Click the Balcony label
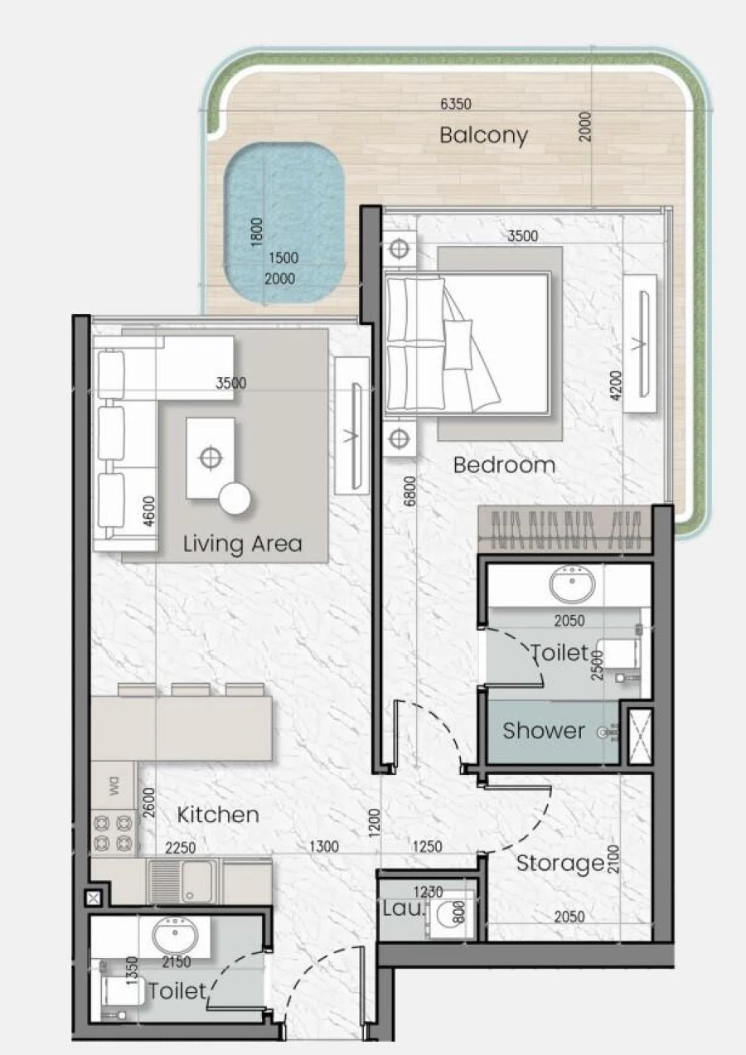(483, 135)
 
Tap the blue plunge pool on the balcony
(283, 222)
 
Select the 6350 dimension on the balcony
(455, 104)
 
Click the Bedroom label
(504, 465)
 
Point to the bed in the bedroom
(468, 343)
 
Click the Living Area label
(242, 544)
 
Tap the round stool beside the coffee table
(235, 498)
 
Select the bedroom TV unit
(639, 342)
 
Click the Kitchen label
(218, 815)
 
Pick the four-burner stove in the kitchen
(113, 833)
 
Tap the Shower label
(544, 731)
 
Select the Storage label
(560, 864)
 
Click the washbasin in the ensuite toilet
(572, 586)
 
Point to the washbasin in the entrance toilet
(175, 936)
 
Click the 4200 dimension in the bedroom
(613, 385)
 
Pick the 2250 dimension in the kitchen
(180, 848)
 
